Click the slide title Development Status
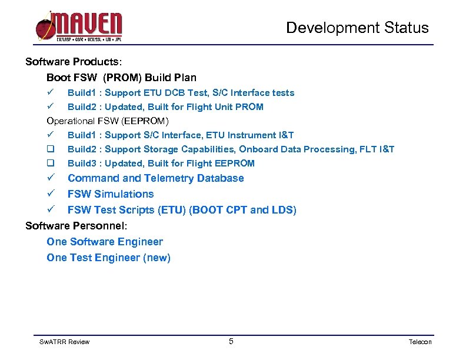pyautogui.click(x=357, y=28)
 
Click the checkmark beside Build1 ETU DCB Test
pyautogui.click(x=51, y=92)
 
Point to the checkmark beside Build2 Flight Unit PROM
pyautogui.click(x=51, y=106)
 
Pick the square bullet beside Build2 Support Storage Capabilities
pyautogui.click(x=51, y=149)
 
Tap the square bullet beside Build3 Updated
pyautogui.click(x=51, y=164)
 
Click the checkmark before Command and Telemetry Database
pyautogui.click(x=51, y=178)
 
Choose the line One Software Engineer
pyautogui.click(x=105, y=242)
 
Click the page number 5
pyautogui.click(x=231, y=341)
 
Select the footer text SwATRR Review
pyautogui.click(x=64, y=342)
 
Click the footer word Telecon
pyautogui.click(x=420, y=342)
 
